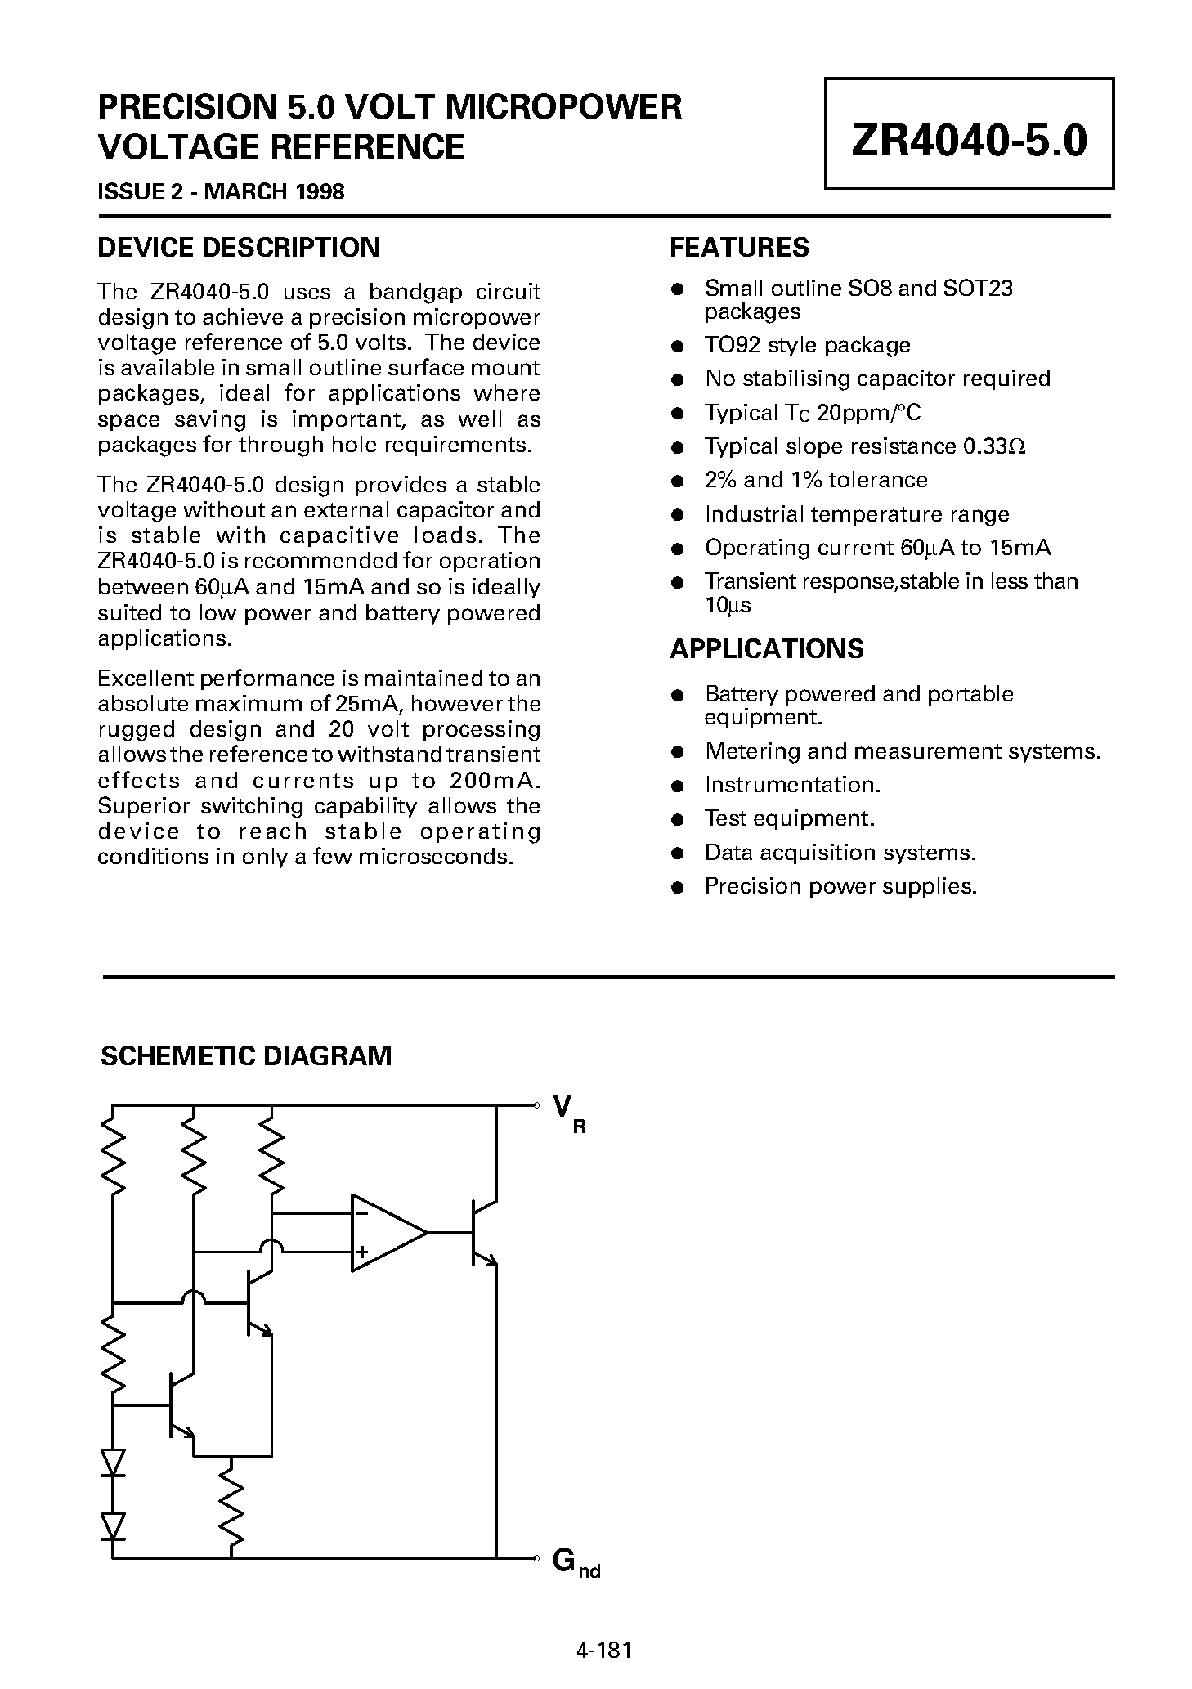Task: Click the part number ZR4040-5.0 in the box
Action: coord(969,141)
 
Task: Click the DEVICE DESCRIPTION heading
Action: coord(239,248)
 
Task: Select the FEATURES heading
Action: coord(739,248)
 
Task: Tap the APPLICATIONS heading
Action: coord(766,648)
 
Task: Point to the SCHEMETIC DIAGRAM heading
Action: coord(245,1055)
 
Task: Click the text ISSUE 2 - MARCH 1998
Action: coord(221,192)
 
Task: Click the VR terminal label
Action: coord(567,1113)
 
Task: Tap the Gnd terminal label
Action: coord(575,1562)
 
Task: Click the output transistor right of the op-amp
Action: coord(482,1232)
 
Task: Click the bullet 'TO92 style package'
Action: coord(807,345)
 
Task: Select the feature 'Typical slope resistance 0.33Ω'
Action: coord(865,446)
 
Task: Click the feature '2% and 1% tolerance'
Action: coord(816,480)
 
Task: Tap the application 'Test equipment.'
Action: coord(790,818)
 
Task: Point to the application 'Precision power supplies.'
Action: coord(840,886)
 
